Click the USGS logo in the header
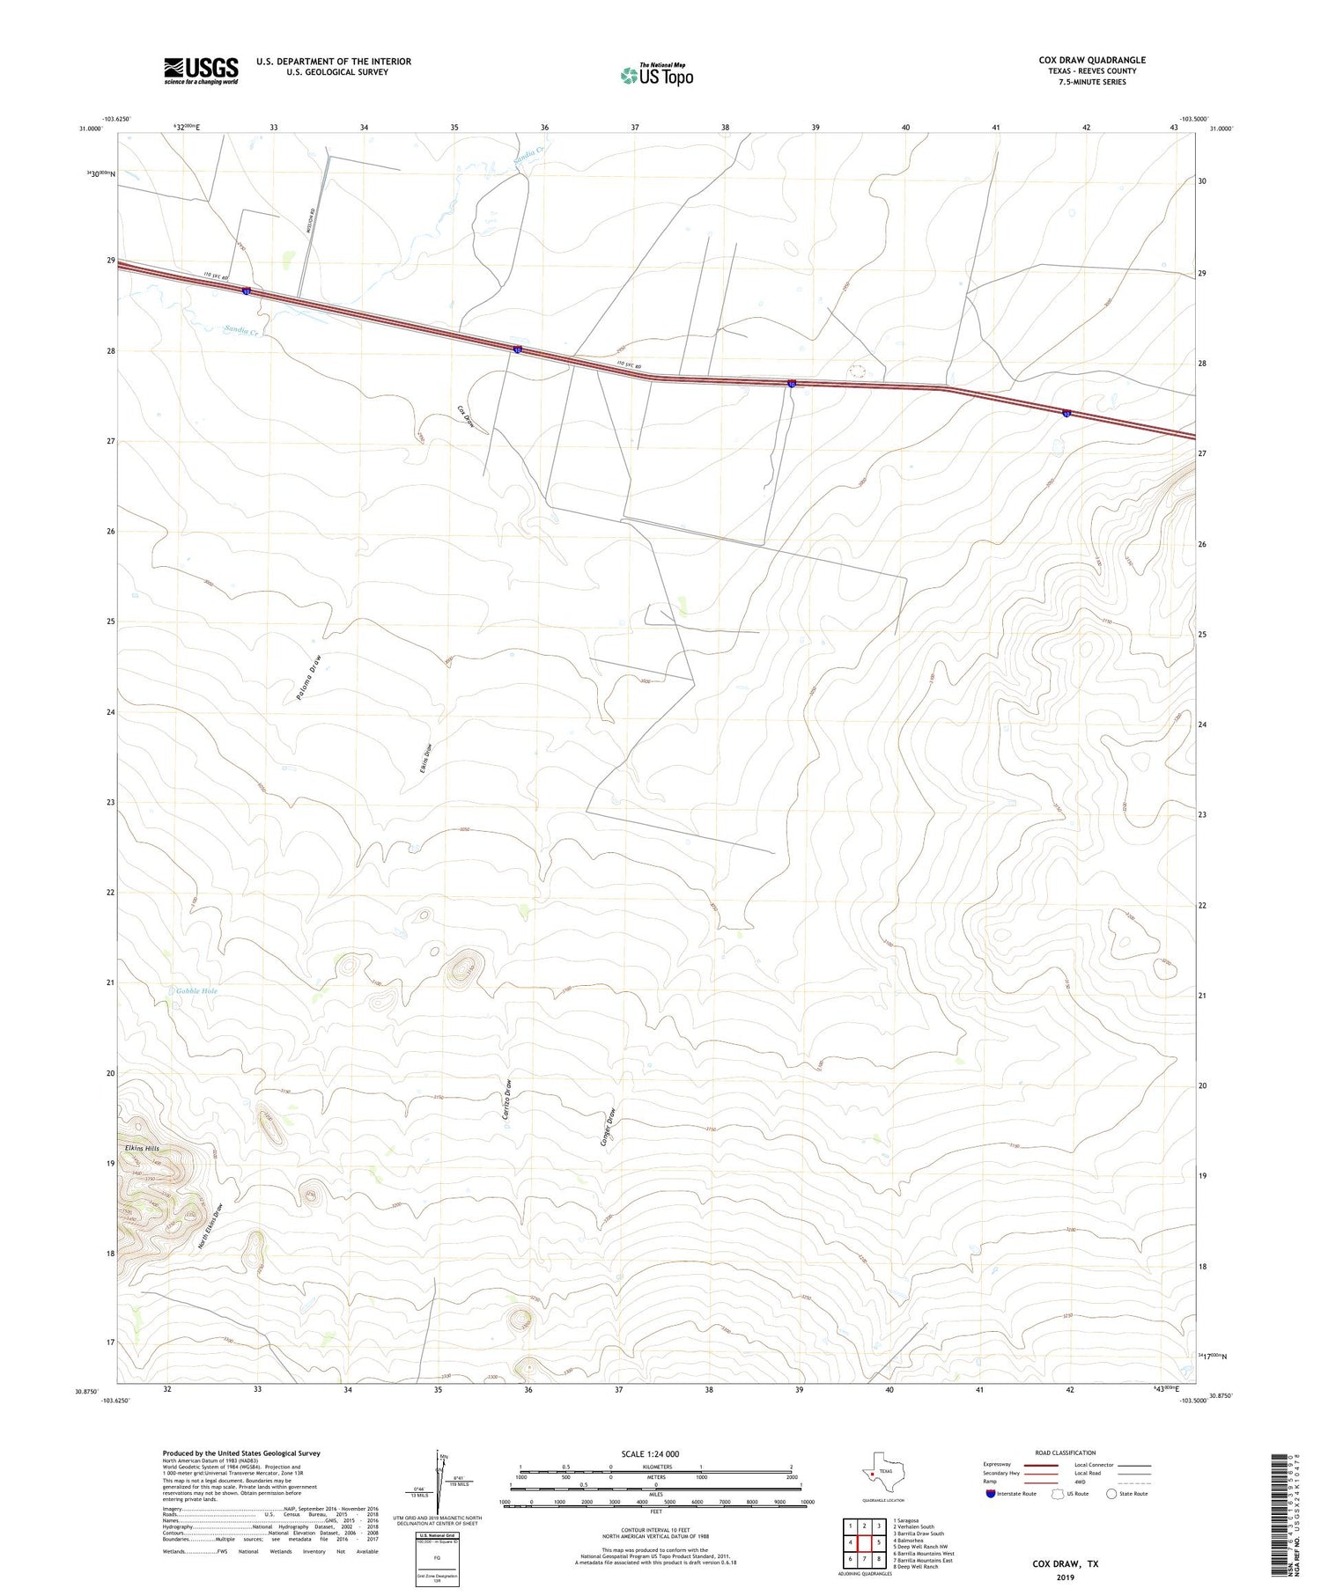coord(201,70)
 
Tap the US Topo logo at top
coord(656,75)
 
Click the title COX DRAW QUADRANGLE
coord(1092,60)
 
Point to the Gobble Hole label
coord(196,991)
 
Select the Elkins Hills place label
coord(142,1149)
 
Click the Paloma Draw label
coord(309,680)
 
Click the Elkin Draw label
coord(425,759)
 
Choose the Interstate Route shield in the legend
coord(991,1494)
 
